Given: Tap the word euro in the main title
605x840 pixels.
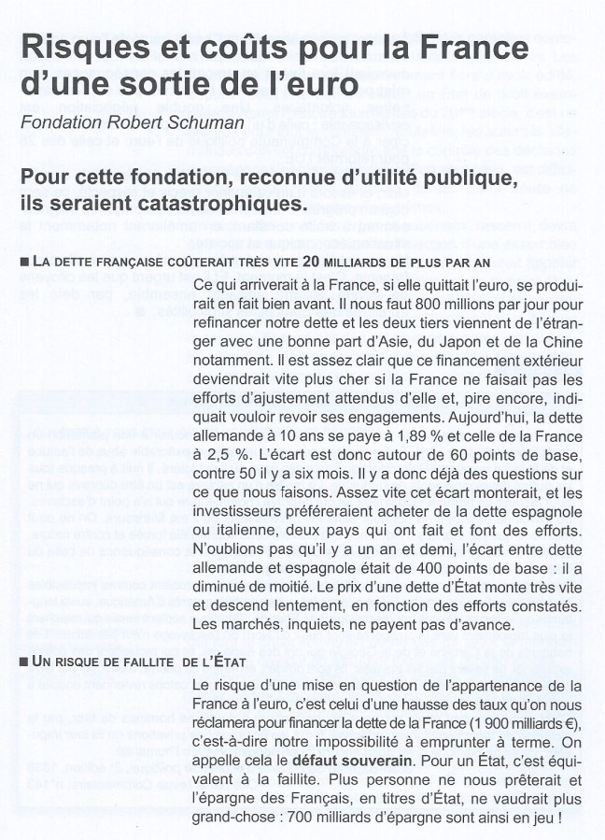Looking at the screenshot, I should pos(324,85).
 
